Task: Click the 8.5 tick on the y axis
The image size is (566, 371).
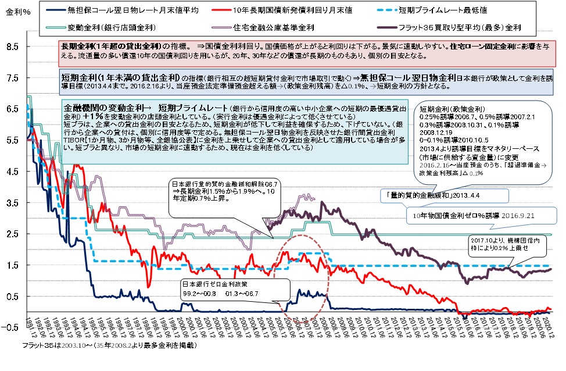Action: point(13,47)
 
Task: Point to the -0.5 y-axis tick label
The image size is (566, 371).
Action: point(12,327)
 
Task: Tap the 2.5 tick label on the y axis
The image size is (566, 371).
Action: point(13,234)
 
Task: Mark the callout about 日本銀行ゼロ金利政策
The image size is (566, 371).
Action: point(227,289)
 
